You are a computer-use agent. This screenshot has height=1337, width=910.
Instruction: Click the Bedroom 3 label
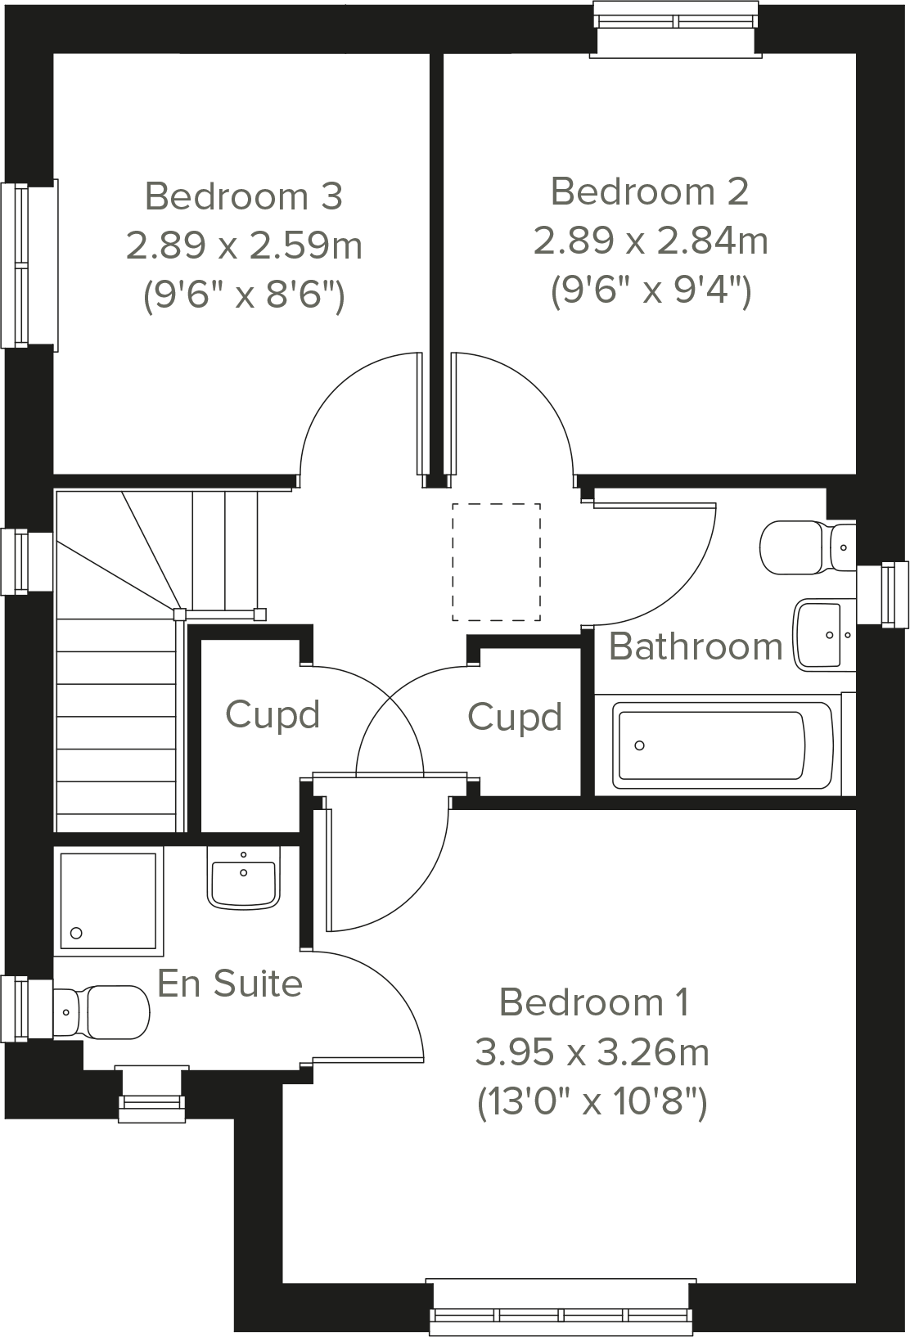point(243,196)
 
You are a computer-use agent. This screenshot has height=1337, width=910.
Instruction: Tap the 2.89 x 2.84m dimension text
point(651,241)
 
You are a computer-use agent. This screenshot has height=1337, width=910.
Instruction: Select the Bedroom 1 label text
point(594,1002)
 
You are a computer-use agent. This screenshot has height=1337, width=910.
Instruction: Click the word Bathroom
point(696,646)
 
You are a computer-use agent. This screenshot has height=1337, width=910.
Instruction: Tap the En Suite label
point(230,983)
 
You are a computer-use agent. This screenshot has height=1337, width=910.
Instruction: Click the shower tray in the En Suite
point(108,901)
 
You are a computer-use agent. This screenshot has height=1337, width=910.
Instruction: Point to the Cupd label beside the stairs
point(273,714)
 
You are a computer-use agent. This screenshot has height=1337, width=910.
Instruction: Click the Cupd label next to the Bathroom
point(515,718)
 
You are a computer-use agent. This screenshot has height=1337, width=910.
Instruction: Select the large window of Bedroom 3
point(29,265)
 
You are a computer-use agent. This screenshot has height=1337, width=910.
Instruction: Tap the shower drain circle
point(77,932)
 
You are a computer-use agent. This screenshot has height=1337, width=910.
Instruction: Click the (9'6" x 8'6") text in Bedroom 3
point(243,295)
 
